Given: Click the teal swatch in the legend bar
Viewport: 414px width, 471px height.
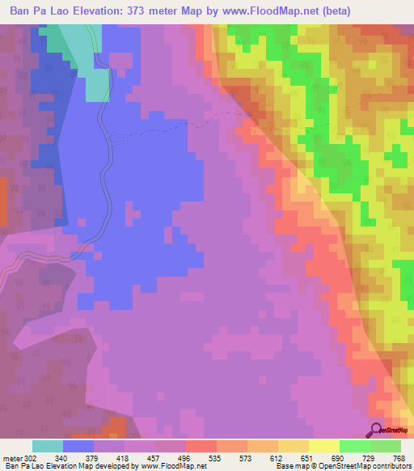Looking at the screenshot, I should tap(48, 446).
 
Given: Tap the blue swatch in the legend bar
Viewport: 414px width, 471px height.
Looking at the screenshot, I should tap(78, 446).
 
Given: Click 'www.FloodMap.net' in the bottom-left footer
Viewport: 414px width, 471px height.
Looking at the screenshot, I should tap(174, 467).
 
